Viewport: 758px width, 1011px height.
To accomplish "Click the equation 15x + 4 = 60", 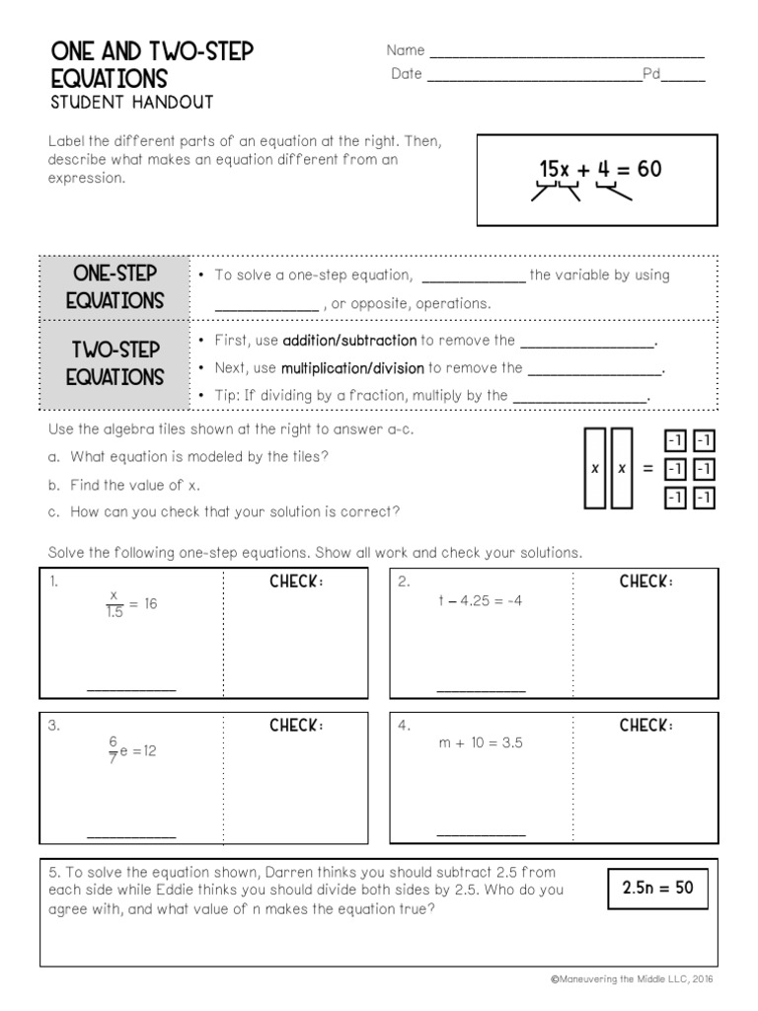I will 600,170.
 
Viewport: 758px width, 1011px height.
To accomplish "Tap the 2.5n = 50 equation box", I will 657,888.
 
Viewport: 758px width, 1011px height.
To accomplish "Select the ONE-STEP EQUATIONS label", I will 114,287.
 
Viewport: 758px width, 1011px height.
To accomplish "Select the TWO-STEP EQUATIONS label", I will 114,363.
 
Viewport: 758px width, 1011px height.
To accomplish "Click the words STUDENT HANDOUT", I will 131,102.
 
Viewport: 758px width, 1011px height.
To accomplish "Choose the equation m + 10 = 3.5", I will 481,743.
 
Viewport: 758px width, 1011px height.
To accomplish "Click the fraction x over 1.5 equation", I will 130,604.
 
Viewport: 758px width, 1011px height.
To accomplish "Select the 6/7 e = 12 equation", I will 132,750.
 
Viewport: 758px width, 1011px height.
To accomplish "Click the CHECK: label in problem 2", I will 646,582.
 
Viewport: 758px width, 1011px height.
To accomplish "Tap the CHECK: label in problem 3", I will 297,727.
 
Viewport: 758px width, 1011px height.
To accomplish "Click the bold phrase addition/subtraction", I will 349,341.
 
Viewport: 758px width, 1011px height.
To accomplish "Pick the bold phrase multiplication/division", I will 352,368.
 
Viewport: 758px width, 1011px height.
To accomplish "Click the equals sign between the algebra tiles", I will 648,469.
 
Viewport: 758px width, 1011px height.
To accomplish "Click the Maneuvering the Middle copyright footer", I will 632,979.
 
